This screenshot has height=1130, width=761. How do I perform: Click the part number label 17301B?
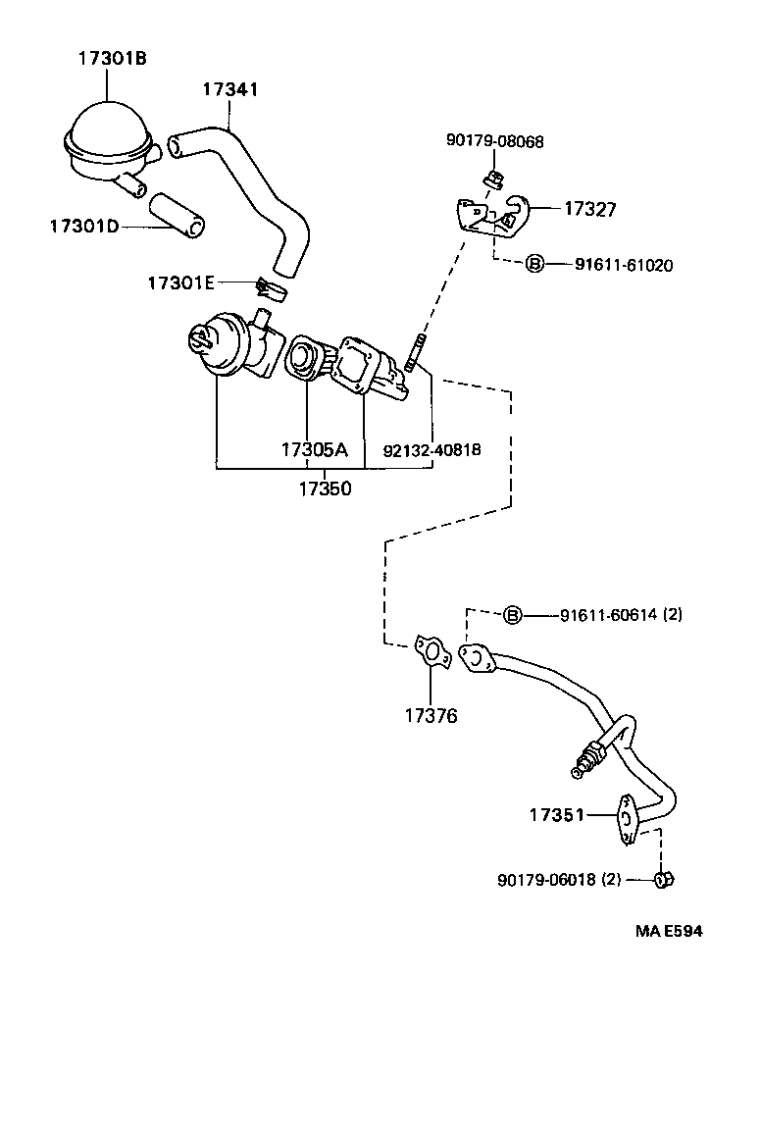pos(112,58)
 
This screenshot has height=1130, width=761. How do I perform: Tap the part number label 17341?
pos(230,89)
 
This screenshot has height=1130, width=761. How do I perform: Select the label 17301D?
pos(83,227)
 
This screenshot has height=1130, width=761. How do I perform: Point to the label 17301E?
pos(180,282)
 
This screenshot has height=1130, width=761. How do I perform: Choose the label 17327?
pos(589,208)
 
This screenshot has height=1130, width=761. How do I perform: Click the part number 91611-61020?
pos(624,264)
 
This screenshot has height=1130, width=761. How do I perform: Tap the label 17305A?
pos(314,450)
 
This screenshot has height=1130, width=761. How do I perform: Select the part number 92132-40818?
pos(431,450)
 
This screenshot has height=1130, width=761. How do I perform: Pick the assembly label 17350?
pos(325,488)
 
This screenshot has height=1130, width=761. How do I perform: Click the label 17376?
pos(431,716)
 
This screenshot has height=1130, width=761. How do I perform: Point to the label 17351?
pos(557,814)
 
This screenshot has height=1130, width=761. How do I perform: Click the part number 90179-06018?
pos(547,880)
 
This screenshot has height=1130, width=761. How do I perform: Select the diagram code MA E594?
pos(668,931)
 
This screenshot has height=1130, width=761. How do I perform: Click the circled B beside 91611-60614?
pos(513,616)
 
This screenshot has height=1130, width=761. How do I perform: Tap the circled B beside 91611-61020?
pos(534,264)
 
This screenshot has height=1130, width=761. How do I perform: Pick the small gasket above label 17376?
pos(430,651)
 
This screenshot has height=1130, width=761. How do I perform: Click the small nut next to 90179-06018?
pos(663,880)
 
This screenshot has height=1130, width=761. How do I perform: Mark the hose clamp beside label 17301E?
pos(268,290)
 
